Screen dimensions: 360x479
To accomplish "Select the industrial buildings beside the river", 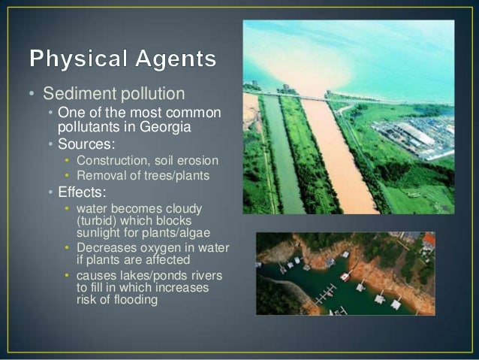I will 420,139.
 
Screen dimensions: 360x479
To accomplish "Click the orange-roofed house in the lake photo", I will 429,241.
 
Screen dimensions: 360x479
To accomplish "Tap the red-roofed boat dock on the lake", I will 345,276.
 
